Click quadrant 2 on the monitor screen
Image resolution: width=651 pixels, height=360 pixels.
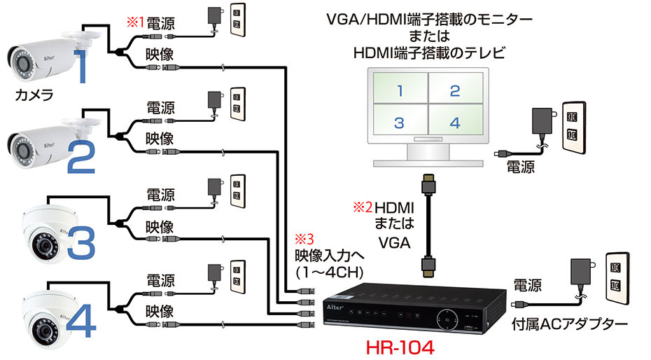pos(454,90)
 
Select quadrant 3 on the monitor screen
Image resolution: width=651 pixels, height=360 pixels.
pos(399,123)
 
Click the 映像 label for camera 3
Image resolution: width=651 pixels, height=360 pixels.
pos(160,228)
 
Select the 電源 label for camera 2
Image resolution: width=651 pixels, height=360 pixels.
pos(160,109)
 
